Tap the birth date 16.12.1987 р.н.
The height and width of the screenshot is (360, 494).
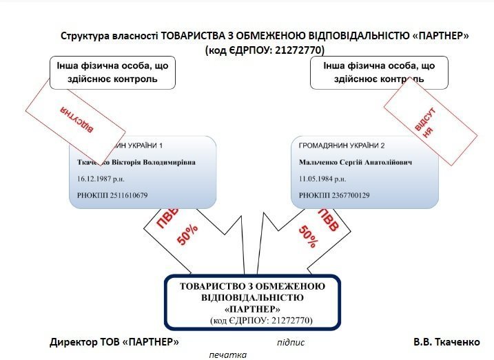coord(101,179)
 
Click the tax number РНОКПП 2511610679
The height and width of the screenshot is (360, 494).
coord(112,195)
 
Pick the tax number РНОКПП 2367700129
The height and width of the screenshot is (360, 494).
coord(334,195)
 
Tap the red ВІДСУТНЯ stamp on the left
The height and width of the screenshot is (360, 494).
coord(75,119)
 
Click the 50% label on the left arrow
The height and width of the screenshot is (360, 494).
coord(189,237)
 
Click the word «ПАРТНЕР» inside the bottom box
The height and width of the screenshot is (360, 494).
coord(251,309)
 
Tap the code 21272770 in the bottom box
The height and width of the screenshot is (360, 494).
coord(289,321)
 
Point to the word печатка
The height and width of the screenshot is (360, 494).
coord(228,354)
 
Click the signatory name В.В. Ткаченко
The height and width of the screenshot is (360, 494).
coord(452,342)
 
